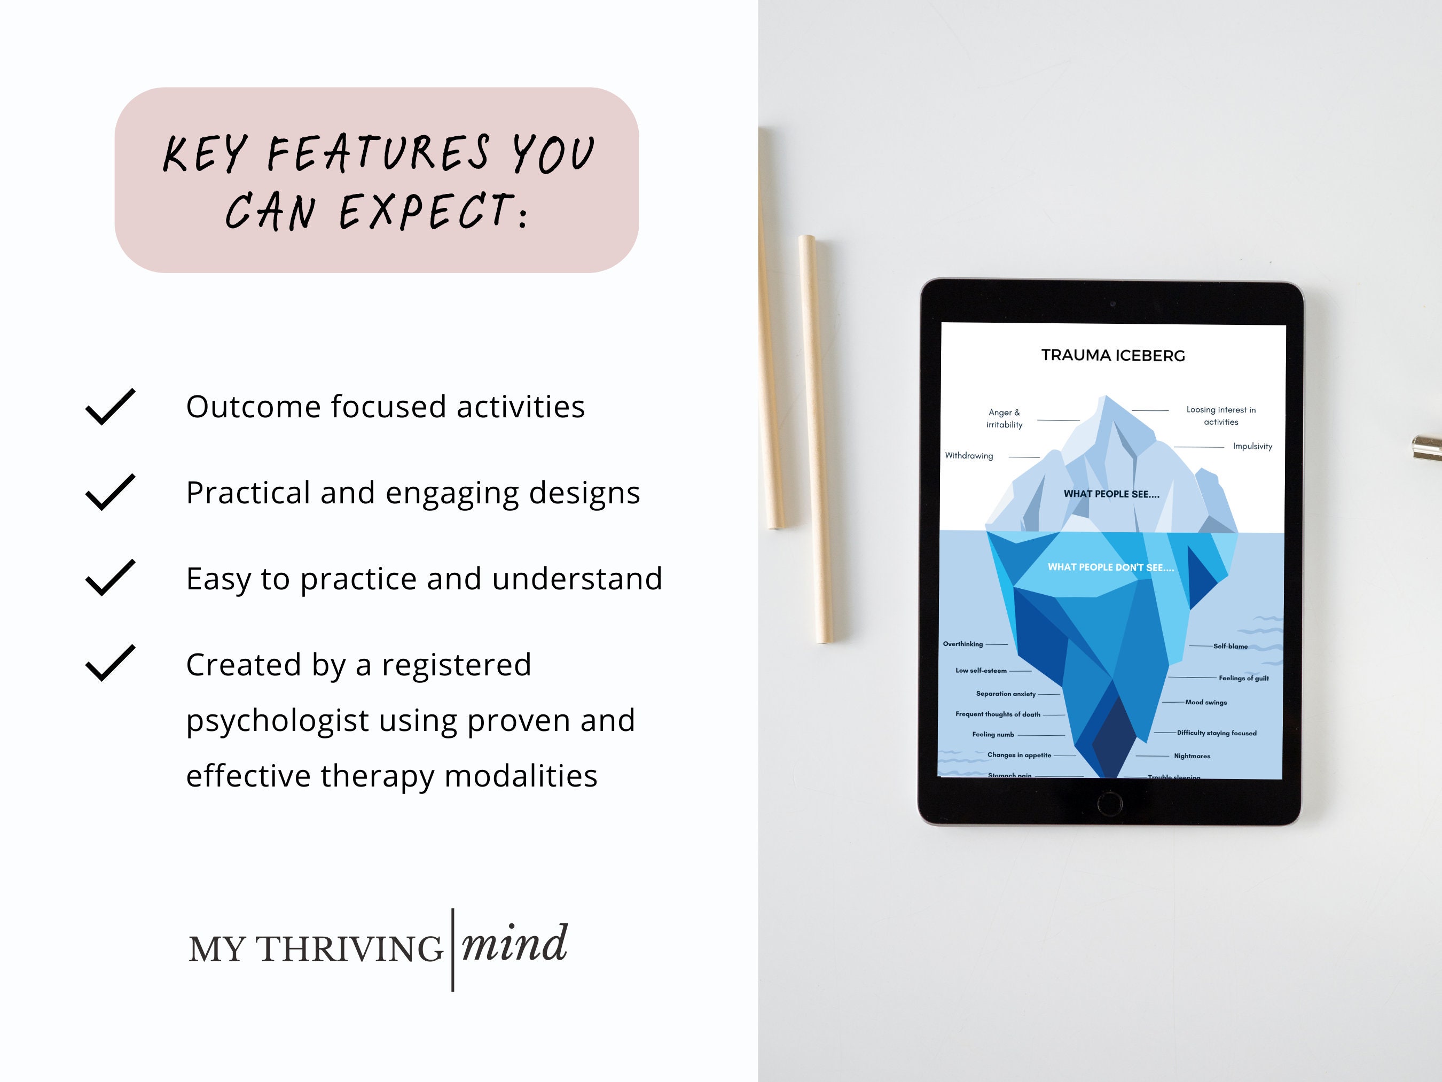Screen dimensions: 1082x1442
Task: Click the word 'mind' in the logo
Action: tap(514, 944)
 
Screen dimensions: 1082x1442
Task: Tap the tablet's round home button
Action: tap(1109, 803)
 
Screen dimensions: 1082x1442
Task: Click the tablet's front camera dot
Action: tap(1113, 304)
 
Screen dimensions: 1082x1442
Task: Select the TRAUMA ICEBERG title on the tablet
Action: tap(1113, 355)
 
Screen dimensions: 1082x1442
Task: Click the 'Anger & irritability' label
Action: tap(1004, 418)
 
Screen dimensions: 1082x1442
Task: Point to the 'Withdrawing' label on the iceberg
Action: tap(969, 456)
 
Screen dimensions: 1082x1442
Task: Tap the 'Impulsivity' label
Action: tap(1252, 446)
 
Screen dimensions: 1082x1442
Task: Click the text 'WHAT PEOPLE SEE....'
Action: tap(1111, 494)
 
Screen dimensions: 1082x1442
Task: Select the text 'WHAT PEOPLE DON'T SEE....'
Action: tap(1111, 567)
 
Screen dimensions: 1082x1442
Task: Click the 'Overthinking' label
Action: tap(963, 644)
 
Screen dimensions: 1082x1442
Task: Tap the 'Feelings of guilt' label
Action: tap(1244, 678)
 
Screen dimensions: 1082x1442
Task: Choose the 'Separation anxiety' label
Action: tap(1005, 694)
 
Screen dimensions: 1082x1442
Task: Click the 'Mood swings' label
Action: tap(1206, 703)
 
